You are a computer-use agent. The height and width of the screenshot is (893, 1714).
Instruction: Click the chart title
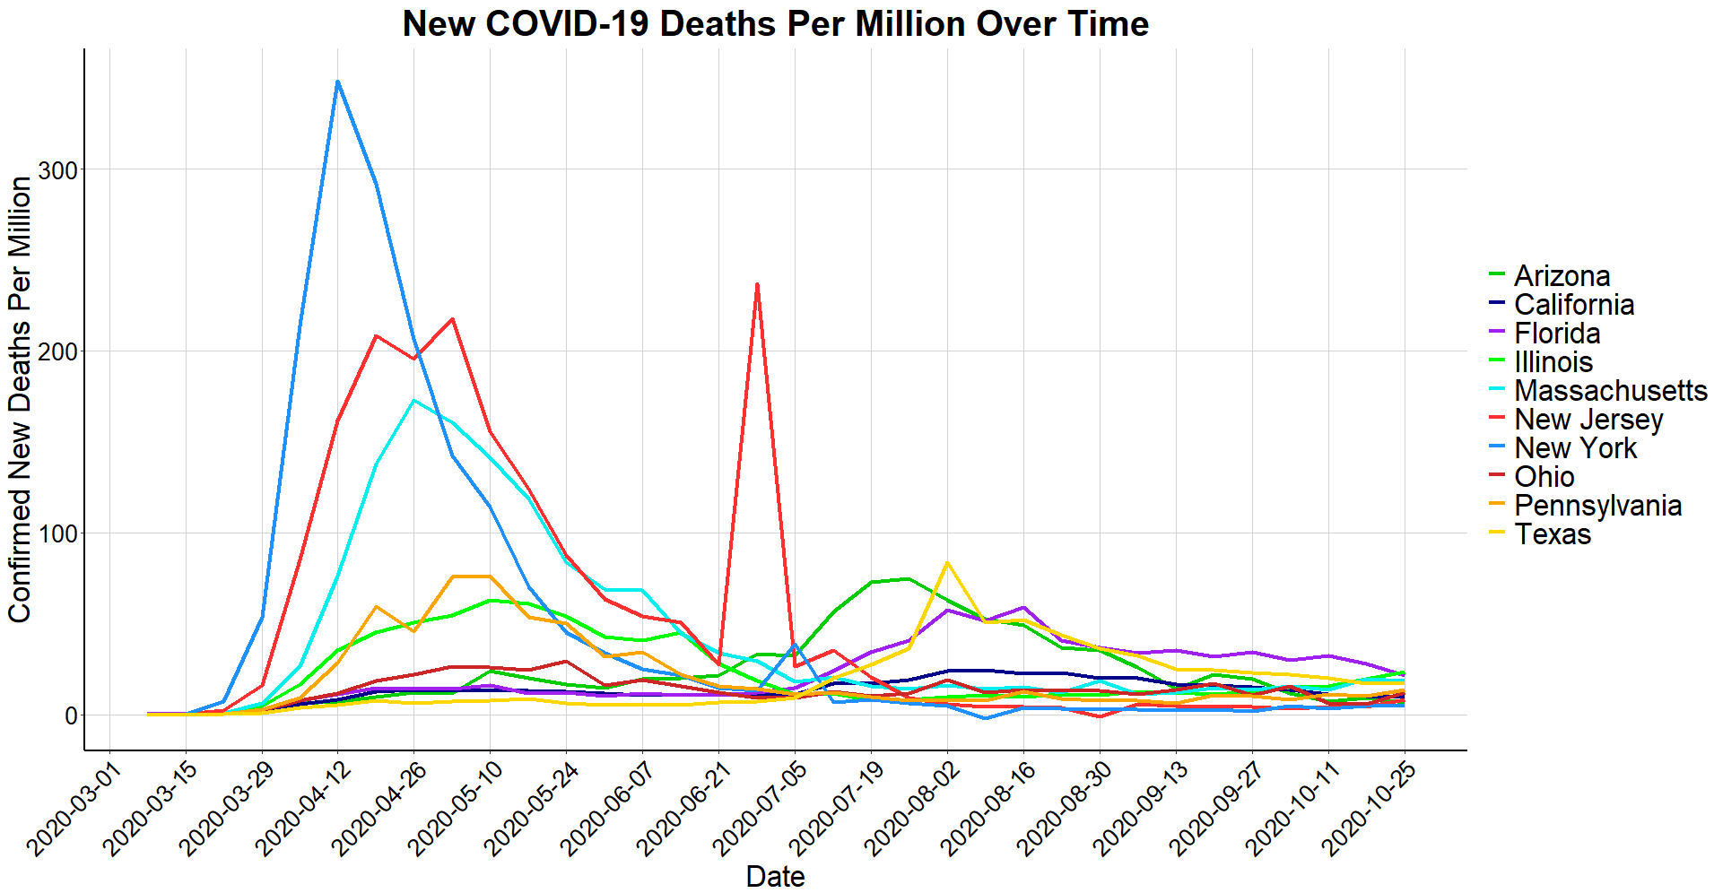(x=775, y=24)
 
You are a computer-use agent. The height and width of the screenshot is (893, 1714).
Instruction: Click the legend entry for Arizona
(x=1562, y=276)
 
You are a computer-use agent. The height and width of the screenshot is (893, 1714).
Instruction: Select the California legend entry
(x=1573, y=305)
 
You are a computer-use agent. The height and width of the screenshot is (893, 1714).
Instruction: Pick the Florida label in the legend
(x=1556, y=334)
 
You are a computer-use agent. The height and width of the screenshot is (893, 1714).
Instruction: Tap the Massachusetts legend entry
(x=1610, y=391)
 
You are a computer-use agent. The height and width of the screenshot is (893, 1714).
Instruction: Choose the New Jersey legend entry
(x=1588, y=420)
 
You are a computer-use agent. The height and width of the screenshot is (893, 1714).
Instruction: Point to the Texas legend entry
(x=1552, y=534)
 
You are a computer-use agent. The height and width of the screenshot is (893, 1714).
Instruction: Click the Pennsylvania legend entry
(x=1597, y=506)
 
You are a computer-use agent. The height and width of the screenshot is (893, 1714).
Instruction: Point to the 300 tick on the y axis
(x=57, y=170)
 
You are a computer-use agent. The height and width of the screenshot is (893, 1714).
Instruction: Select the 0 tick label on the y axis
(x=70, y=716)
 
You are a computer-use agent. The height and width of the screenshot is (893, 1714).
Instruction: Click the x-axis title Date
(x=775, y=876)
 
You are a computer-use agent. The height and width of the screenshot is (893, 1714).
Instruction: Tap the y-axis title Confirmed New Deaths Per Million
(x=20, y=399)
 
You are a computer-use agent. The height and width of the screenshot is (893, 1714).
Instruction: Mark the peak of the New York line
(x=337, y=82)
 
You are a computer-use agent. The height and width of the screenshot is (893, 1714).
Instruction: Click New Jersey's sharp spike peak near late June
(x=757, y=284)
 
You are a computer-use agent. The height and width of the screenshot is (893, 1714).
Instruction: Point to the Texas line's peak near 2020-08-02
(x=947, y=562)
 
